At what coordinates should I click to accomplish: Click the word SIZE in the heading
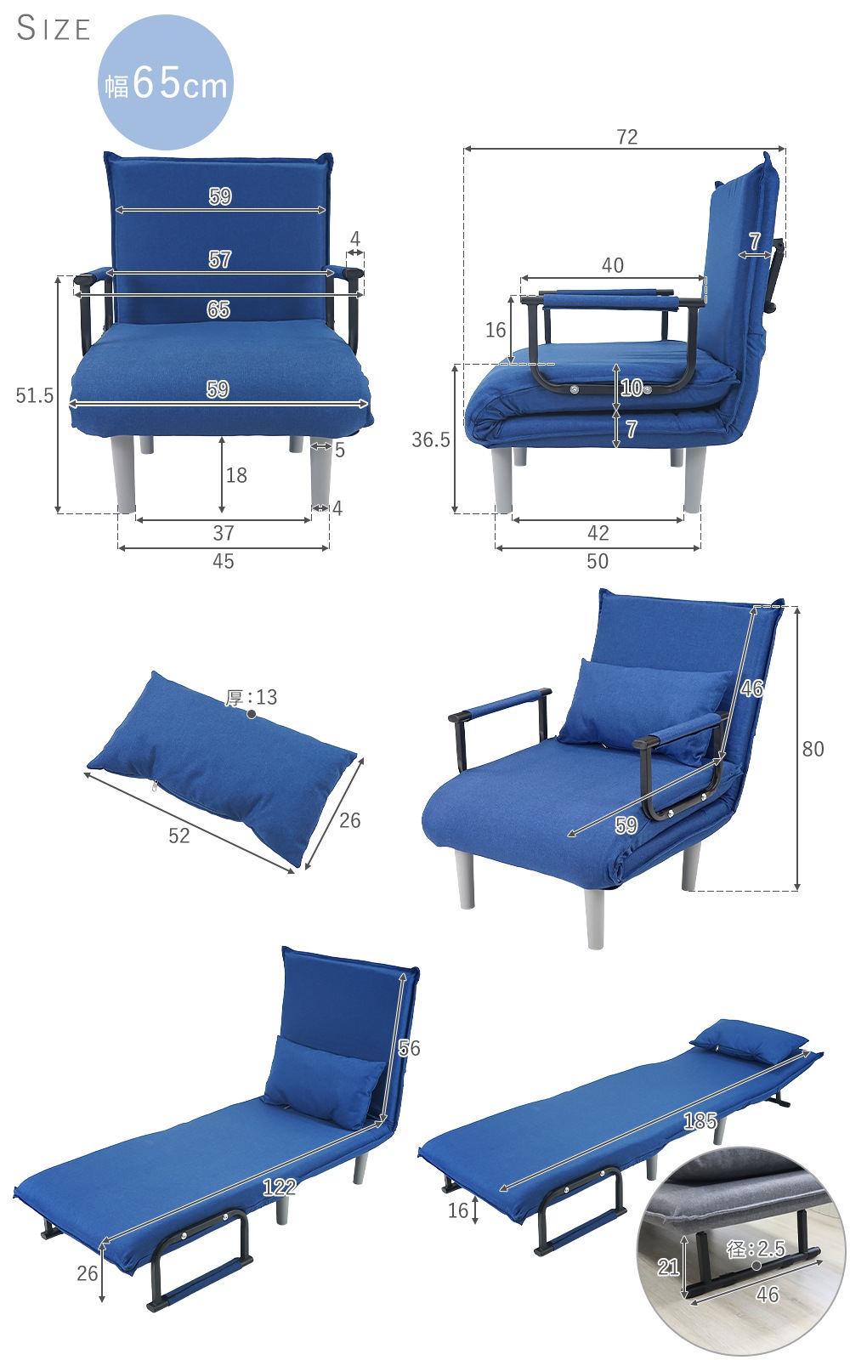[54, 29]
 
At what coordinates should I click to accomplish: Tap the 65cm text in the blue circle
[179, 83]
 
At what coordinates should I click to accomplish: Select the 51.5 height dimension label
[35, 395]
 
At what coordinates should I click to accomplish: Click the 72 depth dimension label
[627, 137]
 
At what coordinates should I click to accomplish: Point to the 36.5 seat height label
[430, 439]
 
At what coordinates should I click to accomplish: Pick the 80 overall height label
[813, 749]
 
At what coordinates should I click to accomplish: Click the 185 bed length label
[700, 1121]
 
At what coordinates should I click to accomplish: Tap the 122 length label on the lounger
[280, 1187]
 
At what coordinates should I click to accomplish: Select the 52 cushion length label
[179, 836]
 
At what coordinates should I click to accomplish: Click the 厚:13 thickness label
[251, 697]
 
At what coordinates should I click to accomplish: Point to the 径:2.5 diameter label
[756, 1249]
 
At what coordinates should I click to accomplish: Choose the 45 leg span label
[224, 561]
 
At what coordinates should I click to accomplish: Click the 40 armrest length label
[613, 264]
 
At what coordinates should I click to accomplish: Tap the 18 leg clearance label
[236, 475]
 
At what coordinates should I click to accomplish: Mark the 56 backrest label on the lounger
[409, 1047]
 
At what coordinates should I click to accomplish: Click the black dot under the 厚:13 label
[252, 714]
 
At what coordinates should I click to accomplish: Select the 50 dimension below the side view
[598, 561]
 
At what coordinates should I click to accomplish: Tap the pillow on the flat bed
[749, 1040]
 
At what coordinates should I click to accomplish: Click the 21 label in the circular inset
[668, 1266]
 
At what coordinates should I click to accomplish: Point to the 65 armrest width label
[218, 309]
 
